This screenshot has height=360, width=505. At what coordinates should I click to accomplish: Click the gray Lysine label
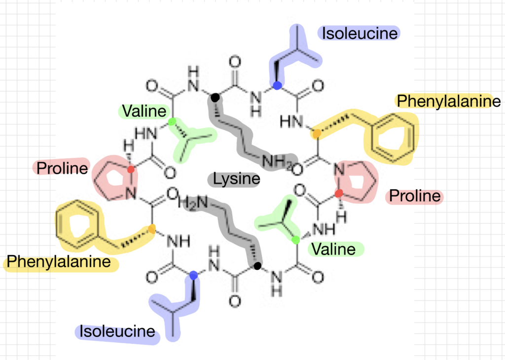pyautogui.click(x=236, y=179)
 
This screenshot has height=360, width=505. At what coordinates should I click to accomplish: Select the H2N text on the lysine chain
pyautogui.click(x=193, y=203)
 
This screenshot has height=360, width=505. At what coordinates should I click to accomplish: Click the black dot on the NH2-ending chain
pyautogui.click(x=215, y=97)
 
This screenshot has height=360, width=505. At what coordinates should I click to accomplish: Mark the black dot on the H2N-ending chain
pyautogui.click(x=257, y=266)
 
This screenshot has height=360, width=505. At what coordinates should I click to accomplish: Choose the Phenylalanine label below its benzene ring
pyautogui.click(x=59, y=261)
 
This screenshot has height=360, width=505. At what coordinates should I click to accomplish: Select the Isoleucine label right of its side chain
pyautogui.click(x=360, y=34)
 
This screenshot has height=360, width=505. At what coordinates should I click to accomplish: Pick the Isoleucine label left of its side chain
pyautogui.click(x=117, y=331)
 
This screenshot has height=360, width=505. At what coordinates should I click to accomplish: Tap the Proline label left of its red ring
pyautogui.click(x=62, y=168)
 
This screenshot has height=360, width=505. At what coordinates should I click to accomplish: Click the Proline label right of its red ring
pyautogui.click(x=415, y=196)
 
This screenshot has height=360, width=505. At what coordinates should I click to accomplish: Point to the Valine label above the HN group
pyautogui.click(x=144, y=111)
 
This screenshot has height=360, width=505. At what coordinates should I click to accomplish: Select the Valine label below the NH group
pyautogui.click(x=334, y=249)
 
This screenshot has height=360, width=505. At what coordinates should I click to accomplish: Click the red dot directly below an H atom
pyautogui.click(x=131, y=169)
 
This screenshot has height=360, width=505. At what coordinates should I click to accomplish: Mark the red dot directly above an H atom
pyautogui.click(x=338, y=193)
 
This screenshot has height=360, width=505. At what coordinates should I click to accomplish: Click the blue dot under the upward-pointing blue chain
pyautogui.click(x=277, y=85)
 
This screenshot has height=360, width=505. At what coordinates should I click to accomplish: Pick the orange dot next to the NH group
pyautogui.click(x=152, y=229)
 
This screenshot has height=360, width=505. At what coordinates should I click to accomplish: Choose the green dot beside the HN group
pyautogui.click(x=172, y=122)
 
